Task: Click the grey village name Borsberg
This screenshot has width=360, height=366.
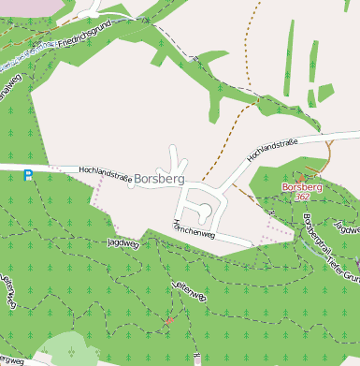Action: pos(159,178)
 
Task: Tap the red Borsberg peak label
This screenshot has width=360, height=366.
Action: pos(302,187)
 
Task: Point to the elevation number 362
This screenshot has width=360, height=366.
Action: pos(302,198)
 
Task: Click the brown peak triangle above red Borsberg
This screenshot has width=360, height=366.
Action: pos(301,176)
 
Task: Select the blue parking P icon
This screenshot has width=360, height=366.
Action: pos(28,175)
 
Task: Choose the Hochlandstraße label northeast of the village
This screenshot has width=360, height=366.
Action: pos(272,149)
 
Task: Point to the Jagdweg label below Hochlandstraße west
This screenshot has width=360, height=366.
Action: pos(122,242)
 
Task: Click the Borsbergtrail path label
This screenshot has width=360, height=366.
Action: pos(318,239)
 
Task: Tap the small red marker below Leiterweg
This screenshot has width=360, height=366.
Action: pos(169,322)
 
